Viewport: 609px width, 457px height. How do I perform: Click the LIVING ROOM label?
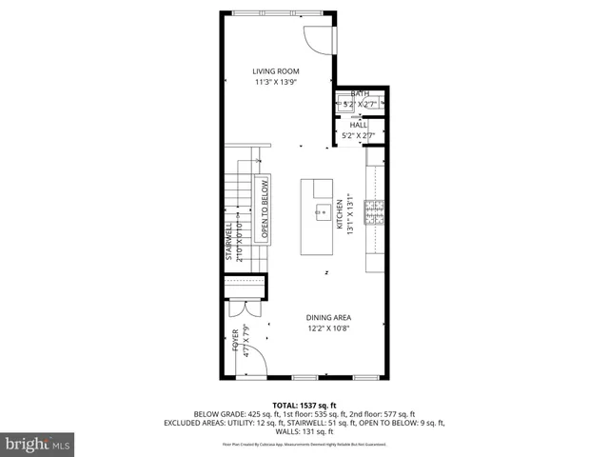pos(275,71)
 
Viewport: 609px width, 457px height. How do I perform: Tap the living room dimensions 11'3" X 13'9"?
pos(275,83)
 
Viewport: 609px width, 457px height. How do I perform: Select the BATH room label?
pos(359,93)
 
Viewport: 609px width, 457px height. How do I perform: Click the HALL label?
pos(359,125)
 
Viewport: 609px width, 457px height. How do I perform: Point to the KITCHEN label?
pos(339,214)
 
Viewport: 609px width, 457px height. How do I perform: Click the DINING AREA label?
pos(329,317)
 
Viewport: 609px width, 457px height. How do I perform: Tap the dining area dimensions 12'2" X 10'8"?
pos(329,328)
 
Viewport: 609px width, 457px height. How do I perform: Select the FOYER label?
pos(235,340)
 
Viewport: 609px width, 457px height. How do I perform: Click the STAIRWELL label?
pos(228,243)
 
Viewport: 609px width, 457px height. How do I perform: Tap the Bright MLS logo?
pos(38,443)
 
